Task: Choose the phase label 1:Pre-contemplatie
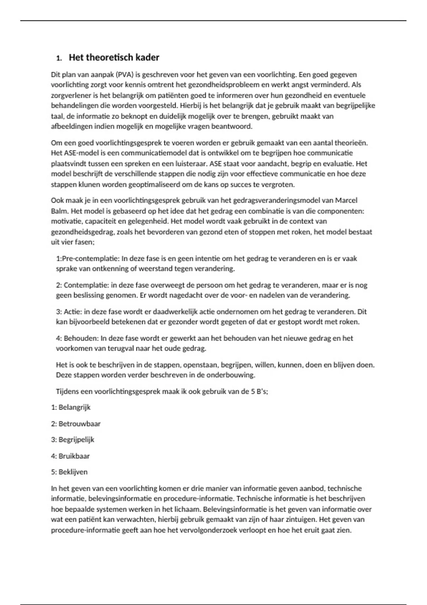88,259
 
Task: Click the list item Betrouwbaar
79,424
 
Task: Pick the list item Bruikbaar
74,456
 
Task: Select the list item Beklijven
73,472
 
